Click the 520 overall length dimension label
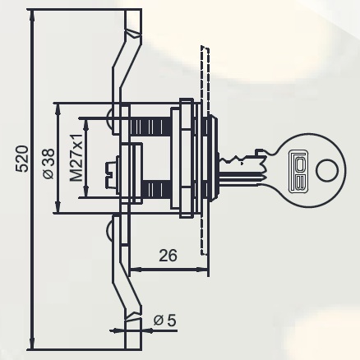21,159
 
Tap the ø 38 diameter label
49,164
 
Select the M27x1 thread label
76,158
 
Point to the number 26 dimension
168,256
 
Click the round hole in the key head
325,171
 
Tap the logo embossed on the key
298,171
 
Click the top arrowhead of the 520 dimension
33,15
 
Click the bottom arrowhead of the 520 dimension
33,344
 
